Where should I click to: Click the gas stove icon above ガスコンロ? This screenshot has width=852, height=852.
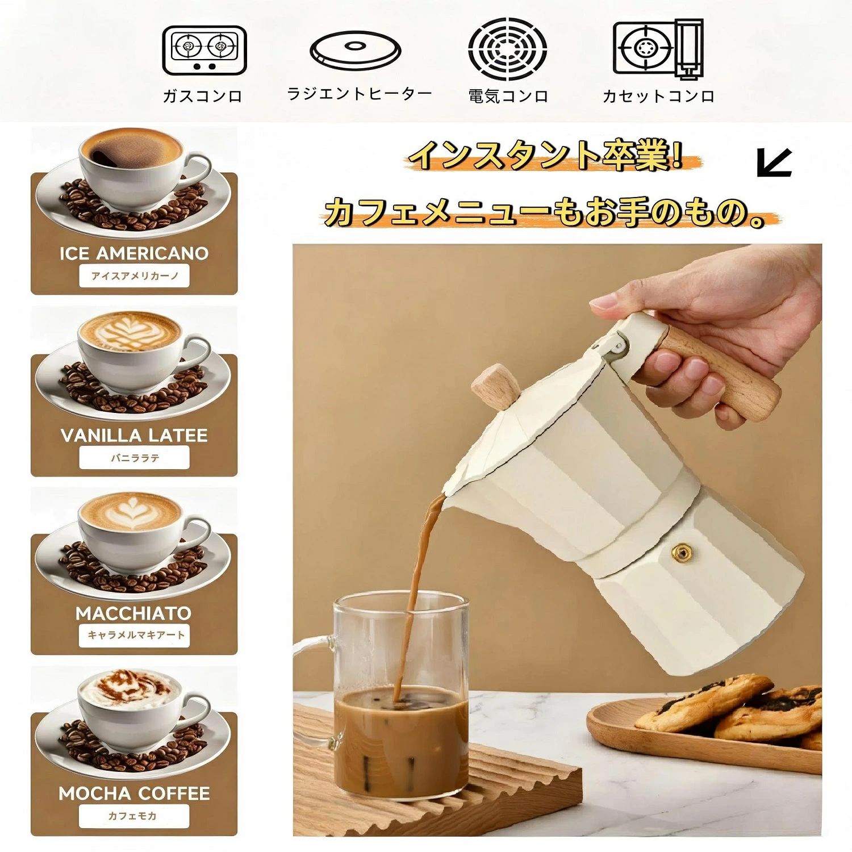(x=204, y=51)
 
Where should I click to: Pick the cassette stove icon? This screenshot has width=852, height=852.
(x=658, y=49)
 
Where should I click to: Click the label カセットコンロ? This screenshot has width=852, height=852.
(x=658, y=96)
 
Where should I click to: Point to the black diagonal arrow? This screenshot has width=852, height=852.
(x=774, y=162)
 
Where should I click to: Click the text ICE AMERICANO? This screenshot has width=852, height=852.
(x=134, y=253)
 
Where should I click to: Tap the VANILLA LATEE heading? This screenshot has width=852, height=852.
(x=134, y=436)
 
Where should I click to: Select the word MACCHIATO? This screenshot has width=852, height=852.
(x=134, y=613)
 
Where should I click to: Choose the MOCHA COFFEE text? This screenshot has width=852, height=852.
(x=134, y=793)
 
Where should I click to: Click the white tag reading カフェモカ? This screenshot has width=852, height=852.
(x=134, y=816)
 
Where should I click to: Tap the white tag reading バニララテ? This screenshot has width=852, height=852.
(x=134, y=458)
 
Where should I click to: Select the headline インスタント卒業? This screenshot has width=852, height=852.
(x=546, y=154)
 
